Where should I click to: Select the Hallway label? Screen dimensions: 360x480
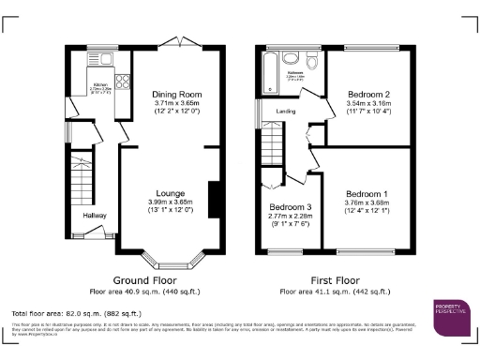pyautogui.click(x=94, y=216)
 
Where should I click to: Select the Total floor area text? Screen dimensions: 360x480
pyautogui.click(x=76, y=312)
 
